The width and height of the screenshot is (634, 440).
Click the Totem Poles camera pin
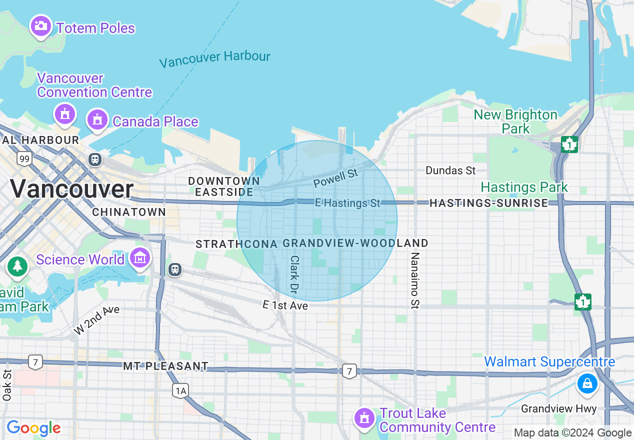coord(41,26)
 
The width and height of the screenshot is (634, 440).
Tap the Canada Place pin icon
coord(97,120)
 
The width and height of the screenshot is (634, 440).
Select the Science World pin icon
coord(140,258)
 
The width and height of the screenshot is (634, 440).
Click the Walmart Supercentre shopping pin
coord(587,384)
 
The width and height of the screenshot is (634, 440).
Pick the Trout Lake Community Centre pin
coord(364,418)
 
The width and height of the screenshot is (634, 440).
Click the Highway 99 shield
coord(24,159)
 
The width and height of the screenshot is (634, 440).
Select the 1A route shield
coord(180,390)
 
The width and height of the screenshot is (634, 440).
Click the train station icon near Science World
coord(174,269)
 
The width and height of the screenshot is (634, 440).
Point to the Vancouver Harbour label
coord(215,59)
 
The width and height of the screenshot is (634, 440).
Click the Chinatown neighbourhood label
coord(129,212)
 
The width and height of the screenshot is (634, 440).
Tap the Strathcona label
coord(236,244)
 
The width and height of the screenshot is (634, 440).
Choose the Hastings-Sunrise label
coord(488,203)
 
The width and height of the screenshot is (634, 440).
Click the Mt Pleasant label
coord(165,366)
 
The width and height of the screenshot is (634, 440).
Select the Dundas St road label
coord(450,170)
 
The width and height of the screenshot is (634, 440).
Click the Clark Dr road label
coord(294,274)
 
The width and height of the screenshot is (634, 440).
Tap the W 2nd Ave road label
coord(97,320)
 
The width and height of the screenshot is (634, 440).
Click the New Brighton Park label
coord(515,121)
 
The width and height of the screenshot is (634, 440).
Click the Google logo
coord(33,428)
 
